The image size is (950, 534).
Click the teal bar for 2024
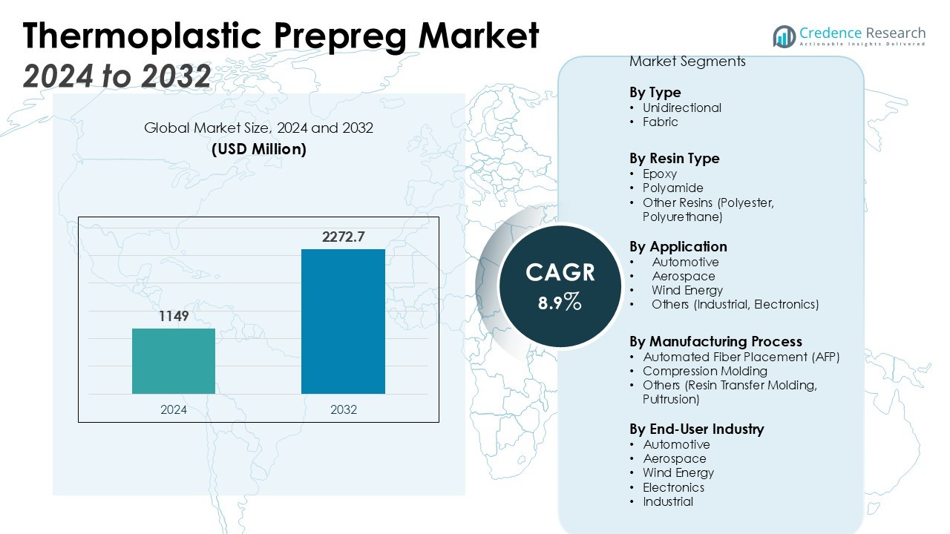[x=174, y=361]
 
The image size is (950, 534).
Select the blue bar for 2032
[x=343, y=321]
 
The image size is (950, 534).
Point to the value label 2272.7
[x=344, y=237]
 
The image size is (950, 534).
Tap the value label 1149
[x=174, y=317]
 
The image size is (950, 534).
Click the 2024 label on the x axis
[x=174, y=409]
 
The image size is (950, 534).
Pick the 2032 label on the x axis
[x=344, y=409]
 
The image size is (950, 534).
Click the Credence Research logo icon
[x=784, y=36]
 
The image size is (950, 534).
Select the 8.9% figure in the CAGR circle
[x=560, y=302]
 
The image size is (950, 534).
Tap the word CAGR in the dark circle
[x=560, y=273]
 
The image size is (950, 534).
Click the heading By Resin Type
[x=674, y=159]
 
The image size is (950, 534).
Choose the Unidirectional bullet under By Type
[x=681, y=108]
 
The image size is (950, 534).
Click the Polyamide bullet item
[x=672, y=188]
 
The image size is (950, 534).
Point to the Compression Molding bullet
[x=704, y=371]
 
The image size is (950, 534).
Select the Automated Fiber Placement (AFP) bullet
[x=741, y=357]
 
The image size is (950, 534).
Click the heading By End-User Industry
[x=696, y=429]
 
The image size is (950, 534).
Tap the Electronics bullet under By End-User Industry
[x=673, y=487]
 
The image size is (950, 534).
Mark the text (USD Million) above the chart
[x=259, y=149]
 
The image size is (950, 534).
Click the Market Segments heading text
[x=687, y=62]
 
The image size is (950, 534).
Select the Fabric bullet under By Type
[x=660, y=122]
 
